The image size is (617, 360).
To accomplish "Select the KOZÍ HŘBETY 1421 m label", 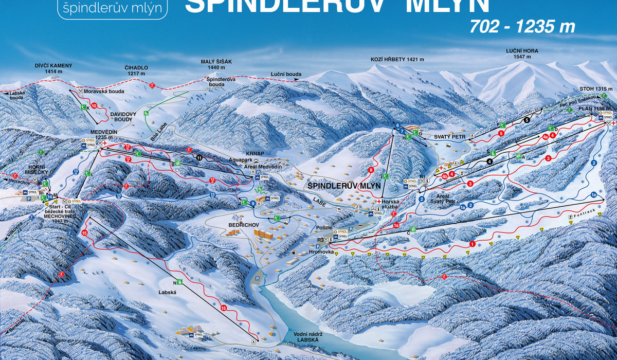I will (x=397, y=60).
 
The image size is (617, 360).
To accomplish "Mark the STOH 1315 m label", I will (x=597, y=89).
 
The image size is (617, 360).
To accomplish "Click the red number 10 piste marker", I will (x=93, y=106).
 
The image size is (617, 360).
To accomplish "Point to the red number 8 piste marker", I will (x=371, y=170).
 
